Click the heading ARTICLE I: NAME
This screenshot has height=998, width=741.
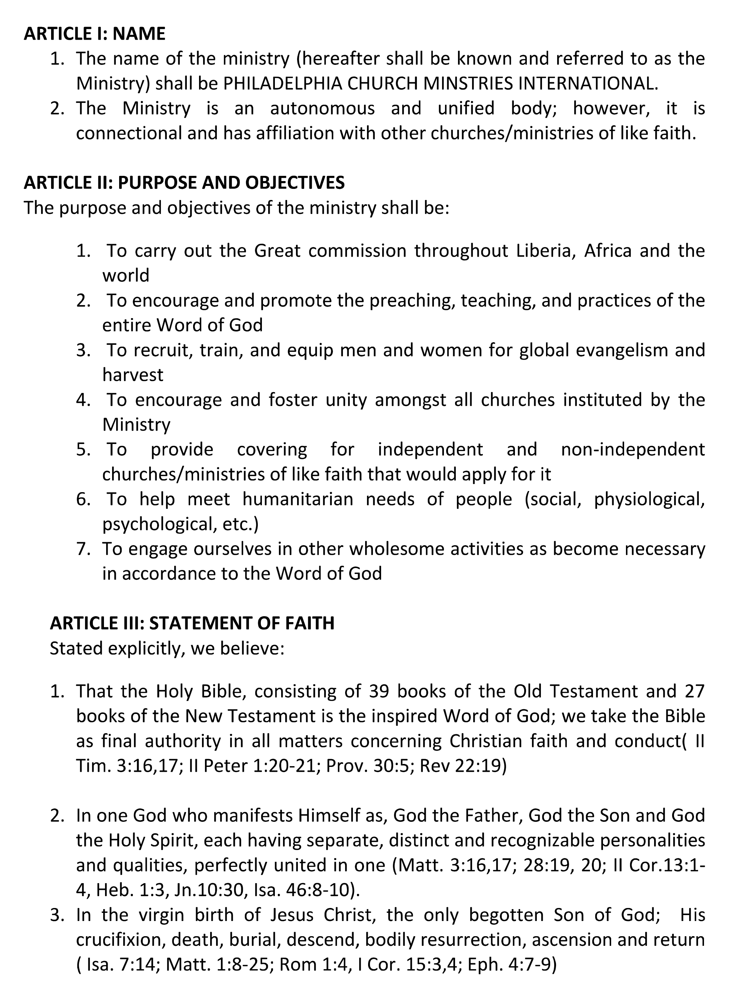click(94, 34)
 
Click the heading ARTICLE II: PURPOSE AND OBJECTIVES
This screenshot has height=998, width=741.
click(184, 183)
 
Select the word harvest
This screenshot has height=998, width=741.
click(133, 375)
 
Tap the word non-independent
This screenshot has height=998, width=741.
click(633, 450)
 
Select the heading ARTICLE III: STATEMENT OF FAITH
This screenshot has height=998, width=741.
click(192, 623)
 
